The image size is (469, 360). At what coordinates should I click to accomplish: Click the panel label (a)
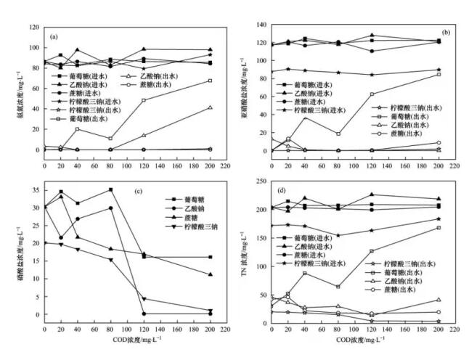click(x=54, y=36)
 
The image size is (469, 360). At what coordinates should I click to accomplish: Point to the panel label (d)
click(x=283, y=190)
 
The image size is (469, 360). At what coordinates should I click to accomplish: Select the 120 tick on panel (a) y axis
click(x=33, y=28)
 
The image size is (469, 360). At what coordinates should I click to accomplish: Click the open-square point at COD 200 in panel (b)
click(x=439, y=74)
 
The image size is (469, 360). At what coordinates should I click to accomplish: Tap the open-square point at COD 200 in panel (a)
click(x=210, y=81)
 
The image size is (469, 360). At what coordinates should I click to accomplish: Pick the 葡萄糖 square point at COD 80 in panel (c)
click(x=110, y=189)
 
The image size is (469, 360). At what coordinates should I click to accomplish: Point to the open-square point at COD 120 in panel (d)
click(x=372, y=251)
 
